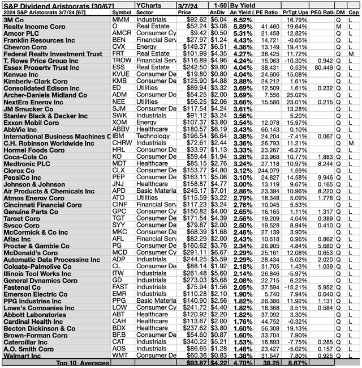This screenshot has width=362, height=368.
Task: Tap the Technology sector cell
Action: point(152,136)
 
